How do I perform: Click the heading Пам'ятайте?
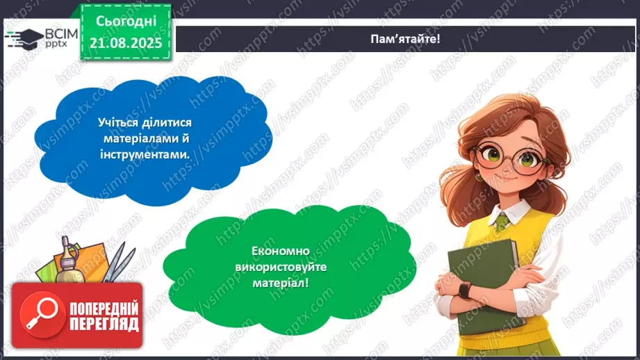point(405,39)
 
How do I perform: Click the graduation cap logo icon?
point(21,38)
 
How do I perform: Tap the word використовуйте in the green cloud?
point(288,268)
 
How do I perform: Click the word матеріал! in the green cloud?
point(289,284)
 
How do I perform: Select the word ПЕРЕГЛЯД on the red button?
point(104,324)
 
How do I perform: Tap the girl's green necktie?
point(502,222)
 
